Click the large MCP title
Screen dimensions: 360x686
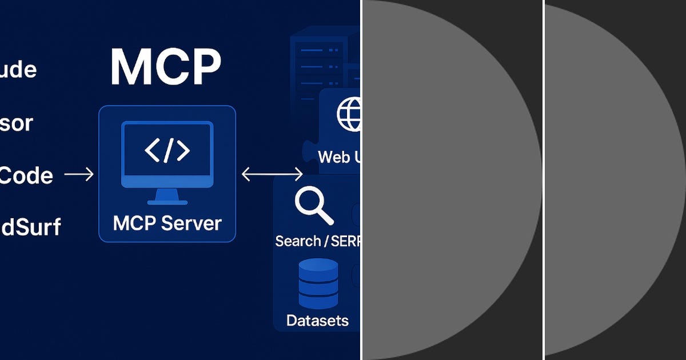[165, 67]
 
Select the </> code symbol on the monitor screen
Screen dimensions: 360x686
[167, 150]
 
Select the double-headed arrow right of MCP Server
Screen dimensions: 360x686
[272, 174]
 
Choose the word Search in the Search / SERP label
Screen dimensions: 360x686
[298, 241]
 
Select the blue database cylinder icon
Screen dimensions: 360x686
[318, 284]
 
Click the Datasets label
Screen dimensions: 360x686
[317, 321]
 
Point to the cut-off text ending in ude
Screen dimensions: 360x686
[18, 70]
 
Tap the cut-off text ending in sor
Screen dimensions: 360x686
[16, 123]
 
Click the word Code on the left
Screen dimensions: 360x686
[26, 175]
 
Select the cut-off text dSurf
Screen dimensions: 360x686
[30, 227]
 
